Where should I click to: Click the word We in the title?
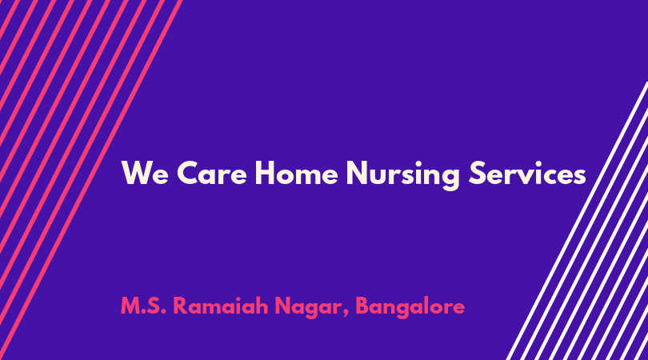pos(145,173)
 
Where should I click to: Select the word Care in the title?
pos(212,173)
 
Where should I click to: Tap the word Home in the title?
pos(296,173)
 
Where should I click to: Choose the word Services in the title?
pos(527,173)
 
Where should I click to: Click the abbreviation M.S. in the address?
pos(143,306)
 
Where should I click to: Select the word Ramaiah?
pos(221,306)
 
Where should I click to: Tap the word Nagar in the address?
pos(307,308)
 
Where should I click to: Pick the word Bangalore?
pos(410,307)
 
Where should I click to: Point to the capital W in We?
pos(136,173)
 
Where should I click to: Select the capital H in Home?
pos(265,173)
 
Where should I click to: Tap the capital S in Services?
pos(477,173)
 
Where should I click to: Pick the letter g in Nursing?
pos(450,179)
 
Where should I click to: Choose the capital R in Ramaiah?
pos(180,306)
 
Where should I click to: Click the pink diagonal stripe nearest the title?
pos(89,180)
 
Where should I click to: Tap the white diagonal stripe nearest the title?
pos(577,221)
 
